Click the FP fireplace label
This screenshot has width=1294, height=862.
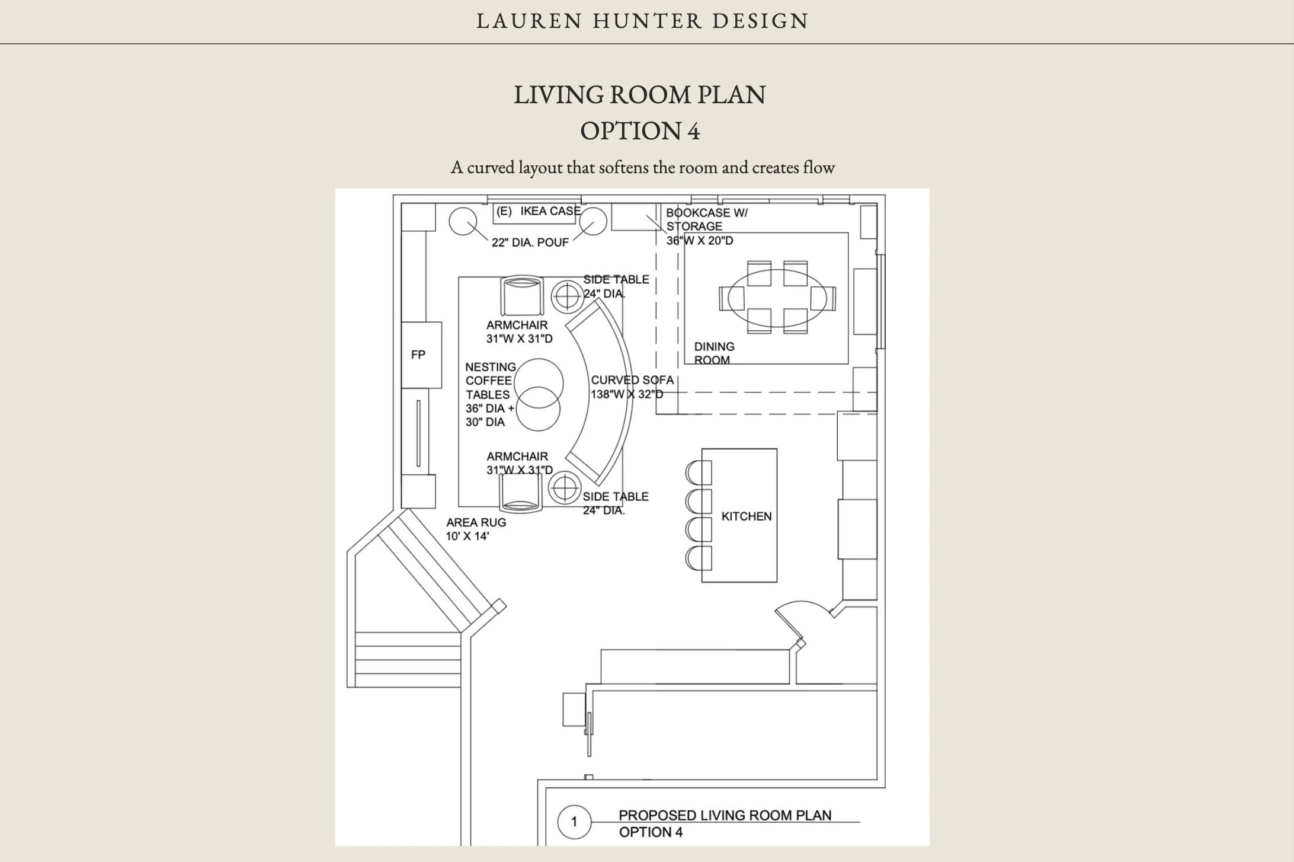pos(418,355)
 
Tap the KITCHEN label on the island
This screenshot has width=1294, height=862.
pos(746,516)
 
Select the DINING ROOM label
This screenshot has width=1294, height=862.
pos(714,353)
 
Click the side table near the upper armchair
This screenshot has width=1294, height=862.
pos(568,295)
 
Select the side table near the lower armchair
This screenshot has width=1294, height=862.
pos(565,487)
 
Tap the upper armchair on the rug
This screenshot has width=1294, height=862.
pos(521,296)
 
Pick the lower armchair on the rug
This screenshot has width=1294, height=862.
pos(521,493)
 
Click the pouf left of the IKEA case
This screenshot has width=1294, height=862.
pos(463,222)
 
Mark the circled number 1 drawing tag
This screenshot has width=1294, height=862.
pos(574,822)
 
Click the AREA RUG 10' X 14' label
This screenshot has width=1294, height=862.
pos(476,529)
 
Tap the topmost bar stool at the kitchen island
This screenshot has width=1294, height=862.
pos(699,473)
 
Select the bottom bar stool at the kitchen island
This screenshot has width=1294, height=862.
pos(699,558)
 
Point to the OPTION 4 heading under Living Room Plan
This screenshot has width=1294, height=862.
pos(640,131)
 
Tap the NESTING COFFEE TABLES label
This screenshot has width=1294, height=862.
pos(490,381)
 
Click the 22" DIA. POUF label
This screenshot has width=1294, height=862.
pos(530,242)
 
